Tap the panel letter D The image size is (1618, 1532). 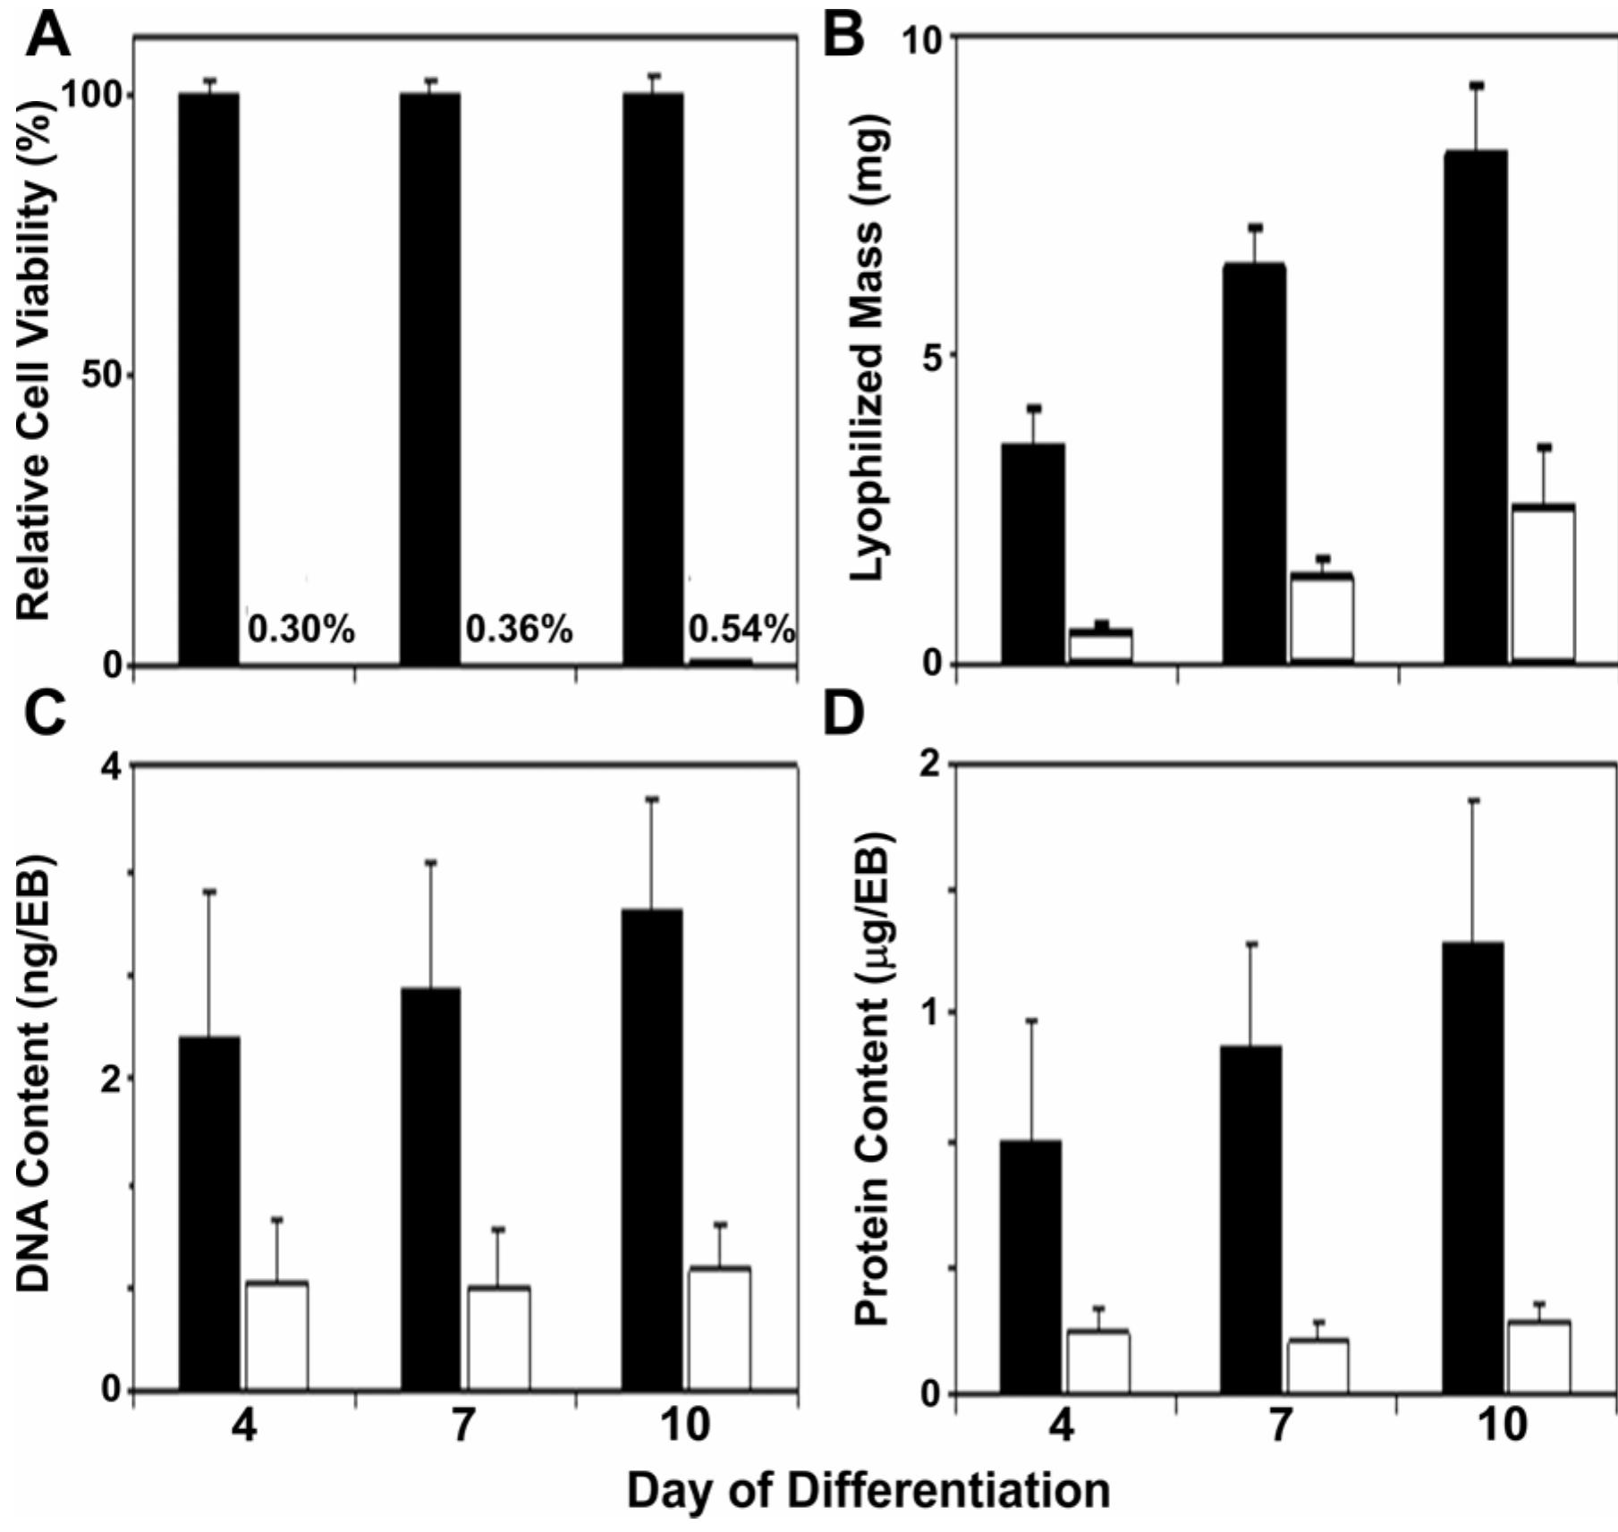point(843,714)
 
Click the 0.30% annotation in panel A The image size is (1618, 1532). point(301,631)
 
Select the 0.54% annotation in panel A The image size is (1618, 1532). point(741,631)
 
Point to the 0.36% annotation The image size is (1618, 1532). point(519,631)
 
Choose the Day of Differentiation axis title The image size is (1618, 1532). point(868,1491)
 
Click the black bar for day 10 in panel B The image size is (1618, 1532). point(1476,407)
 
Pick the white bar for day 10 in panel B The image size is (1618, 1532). point(1544,584)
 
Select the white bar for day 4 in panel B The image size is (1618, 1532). point(1101,646)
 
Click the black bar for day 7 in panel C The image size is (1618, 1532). point(430,1189)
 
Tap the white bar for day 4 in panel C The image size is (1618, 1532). point(277,1336)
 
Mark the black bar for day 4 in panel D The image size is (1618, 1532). point(1030,1266)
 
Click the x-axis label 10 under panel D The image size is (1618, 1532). point(1503,1425)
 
